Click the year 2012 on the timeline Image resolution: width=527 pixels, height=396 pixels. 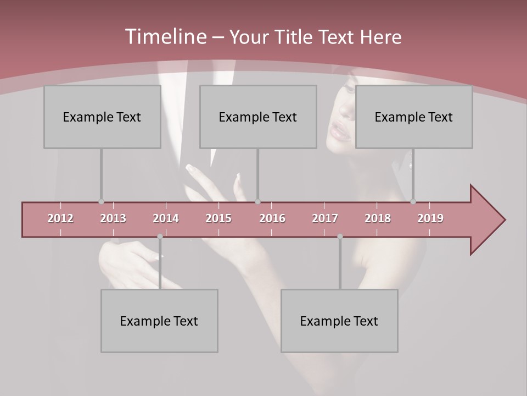tap(60, 218)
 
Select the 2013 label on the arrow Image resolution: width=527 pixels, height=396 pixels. tap(113, 218)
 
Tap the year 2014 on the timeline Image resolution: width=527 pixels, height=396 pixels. tap(166, 218)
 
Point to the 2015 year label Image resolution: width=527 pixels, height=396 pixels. tap(218, 218)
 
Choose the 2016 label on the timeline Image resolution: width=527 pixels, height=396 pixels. tap(272, 218)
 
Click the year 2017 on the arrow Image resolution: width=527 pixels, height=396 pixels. tap(325, 218)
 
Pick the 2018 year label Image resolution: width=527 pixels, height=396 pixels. tap(378, 218)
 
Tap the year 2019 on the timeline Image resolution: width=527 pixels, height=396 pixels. tap(430, 218)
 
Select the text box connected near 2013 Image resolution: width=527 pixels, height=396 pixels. tap(102, 117)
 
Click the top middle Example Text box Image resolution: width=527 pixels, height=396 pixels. tap(258, 117)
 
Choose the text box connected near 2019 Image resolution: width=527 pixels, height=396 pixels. tap(414, 117)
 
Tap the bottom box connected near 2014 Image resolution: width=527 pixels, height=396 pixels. tap(159, 321)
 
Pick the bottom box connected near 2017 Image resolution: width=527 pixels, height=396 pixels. tap(339, 321)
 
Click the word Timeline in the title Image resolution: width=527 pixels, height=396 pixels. tap(165, 37)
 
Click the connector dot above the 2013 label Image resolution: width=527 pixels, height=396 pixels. tap(101, 202)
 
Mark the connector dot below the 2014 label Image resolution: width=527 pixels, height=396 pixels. tap(160, 237)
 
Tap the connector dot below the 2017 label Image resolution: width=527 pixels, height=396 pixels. tap(340, 237)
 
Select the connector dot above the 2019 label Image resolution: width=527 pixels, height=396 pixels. tap(413, 202)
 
